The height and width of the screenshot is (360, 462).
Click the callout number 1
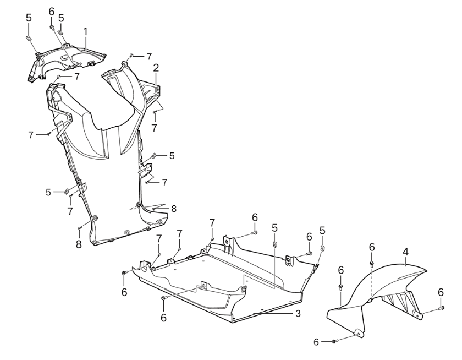pyautogui.click(x=85, y=32)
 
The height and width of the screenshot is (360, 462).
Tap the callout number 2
pyautogui.click(x=156, y=68)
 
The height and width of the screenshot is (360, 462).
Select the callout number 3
pyautogui.click(x=298, y=313)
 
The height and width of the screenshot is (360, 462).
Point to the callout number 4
pyautogui.click(x=406, y=252)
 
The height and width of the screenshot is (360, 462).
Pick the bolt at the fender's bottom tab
pyautogui.click(x=334, y=342)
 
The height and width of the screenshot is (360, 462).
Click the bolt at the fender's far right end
pyautogui.click(x=441, y=308)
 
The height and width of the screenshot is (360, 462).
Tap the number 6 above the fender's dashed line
pyautogui.click(x=372, y=247)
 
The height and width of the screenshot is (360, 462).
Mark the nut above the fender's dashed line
pyautogui.click(x=372, y=263)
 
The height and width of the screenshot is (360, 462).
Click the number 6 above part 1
pyautogui.click(x=52, y=12)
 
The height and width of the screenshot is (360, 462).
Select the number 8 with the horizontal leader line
pyautogui.click(x=174, y=209)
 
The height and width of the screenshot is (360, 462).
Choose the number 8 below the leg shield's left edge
pyautogui.click(x=79, y=244)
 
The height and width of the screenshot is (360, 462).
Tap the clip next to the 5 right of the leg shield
pyautogui.click(x=154, y=155)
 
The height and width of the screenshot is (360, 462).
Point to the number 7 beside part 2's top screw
pyautogui.click(x=149, y=56)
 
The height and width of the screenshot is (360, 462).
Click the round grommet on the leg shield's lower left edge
pyautogui.click(x=95, y=219)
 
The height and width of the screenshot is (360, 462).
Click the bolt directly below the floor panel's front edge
pyautogui.click(x=163, y=298)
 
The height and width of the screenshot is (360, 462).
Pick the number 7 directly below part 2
pyautogui.click(x=154, y=128)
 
